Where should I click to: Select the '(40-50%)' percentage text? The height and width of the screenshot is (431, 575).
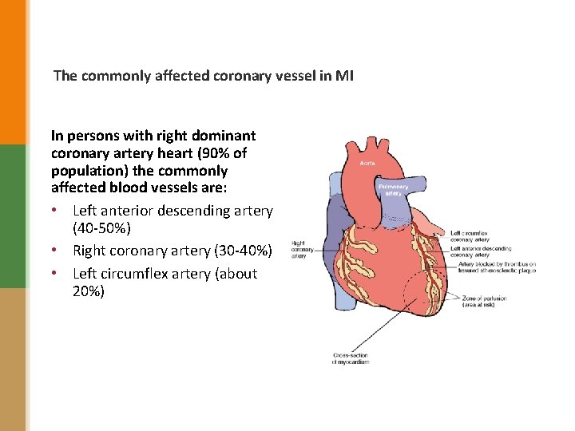(x=100, y=228)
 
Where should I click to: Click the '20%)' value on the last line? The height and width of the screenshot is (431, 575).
(x=89, y=291)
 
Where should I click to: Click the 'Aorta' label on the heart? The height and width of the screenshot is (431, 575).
(x=367, y=163)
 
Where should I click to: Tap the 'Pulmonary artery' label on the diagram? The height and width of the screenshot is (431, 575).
(x=393, y=190)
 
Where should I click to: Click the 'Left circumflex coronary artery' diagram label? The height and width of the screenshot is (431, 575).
(x=470, y=236)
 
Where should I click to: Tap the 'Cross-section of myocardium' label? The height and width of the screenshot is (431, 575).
(x=351, y=358)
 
